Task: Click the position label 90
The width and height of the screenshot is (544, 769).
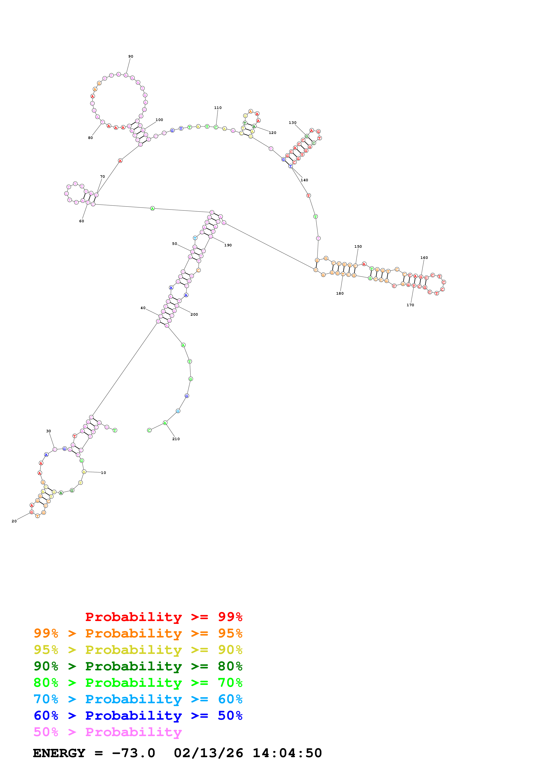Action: pyautogui.click(x=131, y=57)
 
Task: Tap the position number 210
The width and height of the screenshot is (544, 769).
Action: pyautogui.click(x=176, y=439)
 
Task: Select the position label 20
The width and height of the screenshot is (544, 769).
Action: pyautogui.click(x=14, y=521)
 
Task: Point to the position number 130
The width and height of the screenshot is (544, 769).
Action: pyautogui.click(x=293, y=123)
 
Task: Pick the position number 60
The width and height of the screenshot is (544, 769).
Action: pyautogui.click(x=81, y=221)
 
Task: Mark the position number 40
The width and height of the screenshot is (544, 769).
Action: pyautogui.click(x=143, y=308)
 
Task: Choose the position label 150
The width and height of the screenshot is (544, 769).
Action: pyautogui.click(x=358, y=247)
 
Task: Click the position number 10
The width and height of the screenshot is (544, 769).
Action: pyautogui.click(x=104, y=473)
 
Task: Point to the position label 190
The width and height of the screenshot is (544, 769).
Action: pyautogui.click(x=228, y=245)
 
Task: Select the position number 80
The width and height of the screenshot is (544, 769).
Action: pyautogui.click(x=90, y=138)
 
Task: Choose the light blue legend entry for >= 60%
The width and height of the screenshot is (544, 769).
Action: pyautogui.click(x=138, y=699)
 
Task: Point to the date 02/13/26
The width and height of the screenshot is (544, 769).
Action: pyautogui.click(x=208, y=753)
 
